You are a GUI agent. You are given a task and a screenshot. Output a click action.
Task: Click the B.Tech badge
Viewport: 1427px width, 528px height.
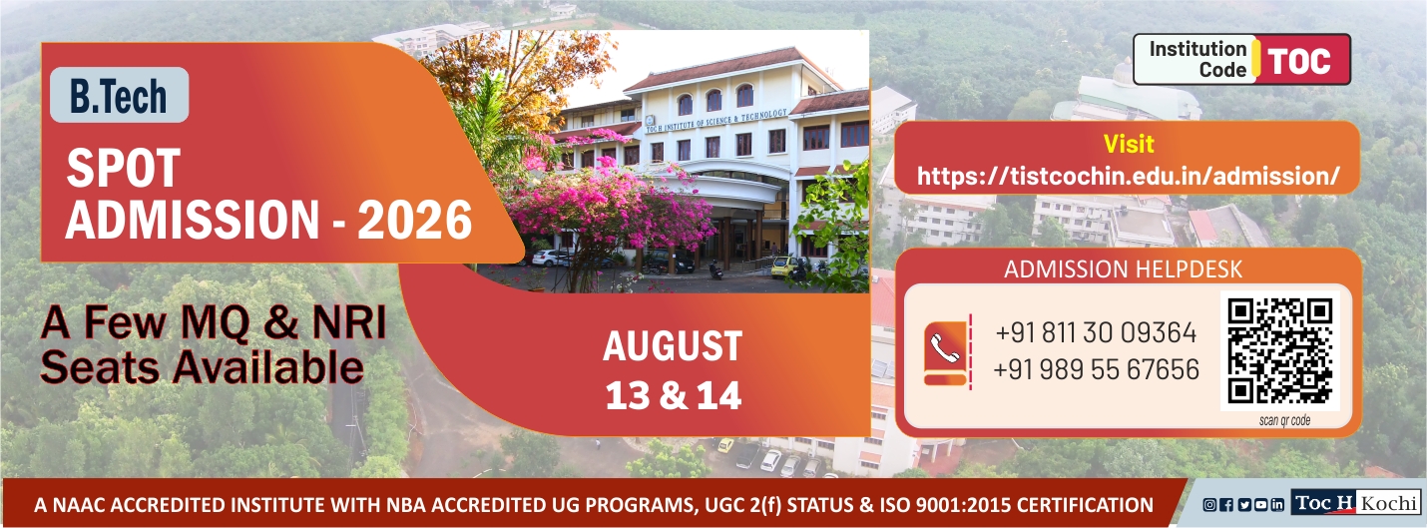(x=119, y=95)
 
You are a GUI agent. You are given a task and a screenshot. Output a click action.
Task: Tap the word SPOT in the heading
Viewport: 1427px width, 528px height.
(x=124, y=168)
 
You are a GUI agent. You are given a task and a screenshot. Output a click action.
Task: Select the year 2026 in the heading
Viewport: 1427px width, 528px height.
(x=415, y=220)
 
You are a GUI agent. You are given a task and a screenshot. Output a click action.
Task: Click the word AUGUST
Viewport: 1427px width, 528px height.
(x=673, y=345)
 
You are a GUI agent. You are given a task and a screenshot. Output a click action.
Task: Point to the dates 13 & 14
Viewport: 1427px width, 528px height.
(x=674, y=395)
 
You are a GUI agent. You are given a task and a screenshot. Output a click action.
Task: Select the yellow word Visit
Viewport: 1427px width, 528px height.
(x=1129, y=144)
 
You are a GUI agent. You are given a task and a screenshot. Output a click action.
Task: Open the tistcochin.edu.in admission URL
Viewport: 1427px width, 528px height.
(x=1129, y=176)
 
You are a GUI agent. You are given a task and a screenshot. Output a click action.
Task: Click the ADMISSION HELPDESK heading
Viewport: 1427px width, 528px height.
(x=1123, y=268)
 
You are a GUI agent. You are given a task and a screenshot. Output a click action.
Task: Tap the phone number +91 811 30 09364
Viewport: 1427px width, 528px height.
(x=1096, y=332)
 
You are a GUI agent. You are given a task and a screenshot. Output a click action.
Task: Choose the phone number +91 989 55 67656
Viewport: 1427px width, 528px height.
(x=1096, y=369)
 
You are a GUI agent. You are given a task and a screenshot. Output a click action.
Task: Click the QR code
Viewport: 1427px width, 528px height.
(x=1280, y=351)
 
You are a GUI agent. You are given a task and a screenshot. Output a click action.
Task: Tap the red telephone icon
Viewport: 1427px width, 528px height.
(x=945, y=353)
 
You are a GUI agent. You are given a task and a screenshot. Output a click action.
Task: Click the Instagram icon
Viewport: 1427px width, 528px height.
(x=1209, y=505)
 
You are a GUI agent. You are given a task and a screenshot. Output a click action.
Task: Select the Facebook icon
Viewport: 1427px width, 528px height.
(x=1226, y=505)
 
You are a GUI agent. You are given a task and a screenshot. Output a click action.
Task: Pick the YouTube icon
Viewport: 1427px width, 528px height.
(x=1260, y=505)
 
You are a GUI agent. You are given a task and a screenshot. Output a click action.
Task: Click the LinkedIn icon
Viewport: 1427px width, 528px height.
(x=1277, y=505)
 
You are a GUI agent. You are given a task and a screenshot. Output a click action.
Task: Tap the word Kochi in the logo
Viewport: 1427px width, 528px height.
(x=1388, y=503)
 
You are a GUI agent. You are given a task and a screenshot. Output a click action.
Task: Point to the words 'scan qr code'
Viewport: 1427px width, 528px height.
(x=1284, y=420)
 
